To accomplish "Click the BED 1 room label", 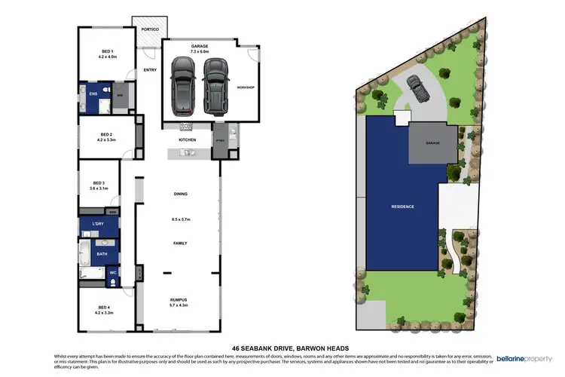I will [107, 51].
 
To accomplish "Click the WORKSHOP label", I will [246, 87].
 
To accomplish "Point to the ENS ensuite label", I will [93, 94].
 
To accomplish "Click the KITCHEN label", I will [187, 140].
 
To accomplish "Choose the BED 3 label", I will [99, 182].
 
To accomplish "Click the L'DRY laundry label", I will [98, 225].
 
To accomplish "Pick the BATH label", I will [102, 254].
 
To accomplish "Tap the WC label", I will [112, 272].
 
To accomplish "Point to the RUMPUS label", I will [179, 299].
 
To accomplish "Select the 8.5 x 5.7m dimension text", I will [180, 219].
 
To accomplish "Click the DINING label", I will [180, 195].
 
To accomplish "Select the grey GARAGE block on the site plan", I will [432, 142].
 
